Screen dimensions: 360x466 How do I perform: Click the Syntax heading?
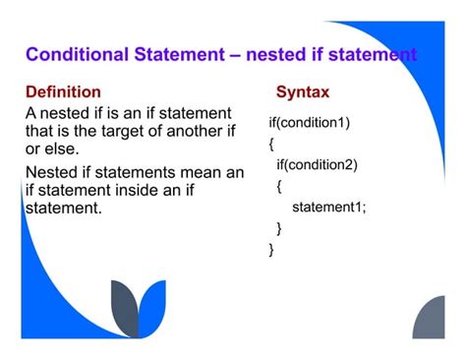(303, 92)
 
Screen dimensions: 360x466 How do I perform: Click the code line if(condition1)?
(309, 122)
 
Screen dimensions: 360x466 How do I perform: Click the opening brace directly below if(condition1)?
(272, 144)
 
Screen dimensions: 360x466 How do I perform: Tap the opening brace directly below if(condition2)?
(279, 185)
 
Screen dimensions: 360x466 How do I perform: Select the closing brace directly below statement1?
(279, 228)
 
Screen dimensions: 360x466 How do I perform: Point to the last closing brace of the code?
(272, 250)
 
